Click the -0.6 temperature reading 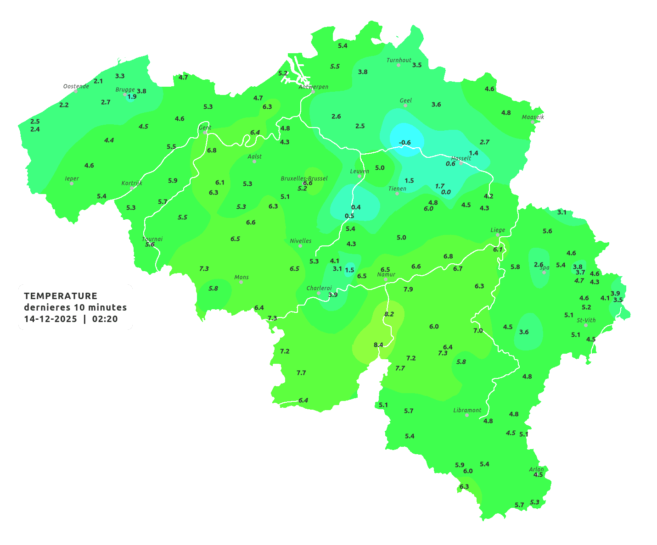pyautogui.click(x=404, y=143)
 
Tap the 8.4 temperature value pyautogui.click(x=378, y=345)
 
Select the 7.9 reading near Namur pyautogui.click(x=408, y=289)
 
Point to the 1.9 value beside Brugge pyautogui.click(x=132, y=97)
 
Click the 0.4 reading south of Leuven pyautogui.click(x=356, y=207)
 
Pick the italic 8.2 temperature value pyautogui.click(x=389, y=314)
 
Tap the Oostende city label pyautogui.click(x=76, y=86)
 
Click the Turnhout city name pyautogui.click(x=399, y=60)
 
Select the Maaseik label pyautogui.click(x=533, y=117)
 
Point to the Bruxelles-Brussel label pyautogui.click(x=304, y=178)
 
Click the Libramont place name pyautogui.click(x=467, y=410)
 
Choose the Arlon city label pyautogui.click(x=536, y=469)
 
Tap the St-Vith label pyautogui.click(x=586, y=320)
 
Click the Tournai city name pyautogui.click(x=152, y=239)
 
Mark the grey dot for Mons pyautogui.click(x=241, y=282)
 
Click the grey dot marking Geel pyautogui.click(x=405, y=106)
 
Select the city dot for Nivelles pyautogui.click(x=300, y=246)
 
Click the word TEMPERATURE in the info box pyautogui.click(x=61, y=296)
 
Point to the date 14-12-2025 pyautogui.click(x=51, y=319)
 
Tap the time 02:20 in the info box pyautogui.click(x=105, y=319)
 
